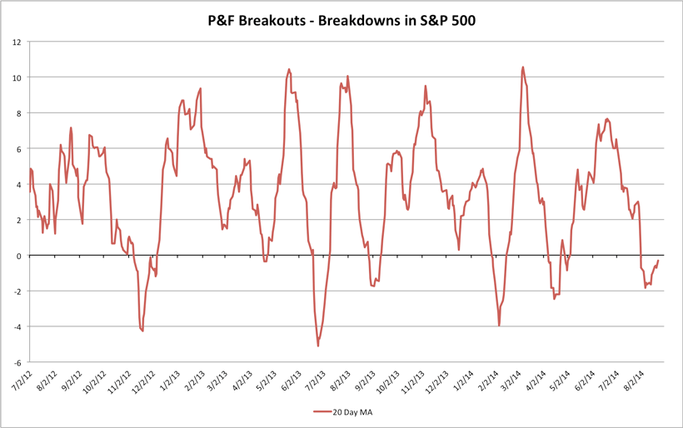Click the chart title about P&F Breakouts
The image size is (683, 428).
point(341,18)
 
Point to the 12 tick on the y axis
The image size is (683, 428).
point(17,42)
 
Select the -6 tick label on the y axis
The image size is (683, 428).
point(17,363)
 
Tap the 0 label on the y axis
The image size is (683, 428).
point(19,256)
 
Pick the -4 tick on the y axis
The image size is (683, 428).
point(17,327)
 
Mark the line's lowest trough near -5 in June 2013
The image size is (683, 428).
point(318,346)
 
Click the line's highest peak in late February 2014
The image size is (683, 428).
point(522,67)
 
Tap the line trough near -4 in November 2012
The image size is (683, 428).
point(142,331)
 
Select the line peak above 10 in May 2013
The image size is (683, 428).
point(289,69)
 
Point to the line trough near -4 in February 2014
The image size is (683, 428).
point(499,325)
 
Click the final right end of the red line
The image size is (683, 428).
point(658,261)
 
